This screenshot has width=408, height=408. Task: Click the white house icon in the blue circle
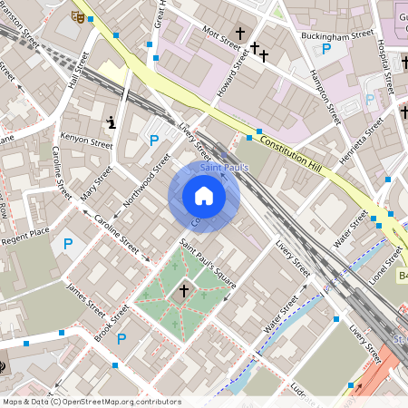(204, 196)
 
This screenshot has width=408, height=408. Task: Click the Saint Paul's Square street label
(208, 263)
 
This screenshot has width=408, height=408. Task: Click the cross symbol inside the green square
(184, 291)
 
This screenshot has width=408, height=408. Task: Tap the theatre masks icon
(78, 15)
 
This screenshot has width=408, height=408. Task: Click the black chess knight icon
(111, 122)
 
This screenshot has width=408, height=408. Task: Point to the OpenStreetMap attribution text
(92, 401)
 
